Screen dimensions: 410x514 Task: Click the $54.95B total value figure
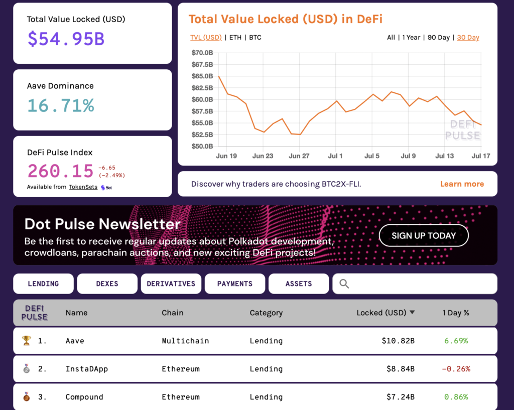coord(66,39)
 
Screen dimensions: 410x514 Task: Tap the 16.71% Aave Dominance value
coord(61,105)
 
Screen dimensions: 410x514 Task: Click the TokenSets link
coord(83,187)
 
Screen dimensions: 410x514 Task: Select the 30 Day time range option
coord(468,38)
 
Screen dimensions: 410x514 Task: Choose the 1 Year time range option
coord(411,38)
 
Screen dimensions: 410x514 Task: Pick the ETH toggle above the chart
coord(235,38)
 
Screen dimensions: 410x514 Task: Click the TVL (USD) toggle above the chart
coord(206,38)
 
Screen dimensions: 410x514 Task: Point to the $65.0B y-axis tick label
coord(202,76)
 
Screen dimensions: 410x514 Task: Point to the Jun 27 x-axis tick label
coord(299,156)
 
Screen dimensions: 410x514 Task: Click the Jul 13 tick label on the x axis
coord(444,156)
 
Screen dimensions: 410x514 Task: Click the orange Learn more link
coord(462,184)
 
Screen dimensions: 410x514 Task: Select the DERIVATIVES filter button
coord(171,284)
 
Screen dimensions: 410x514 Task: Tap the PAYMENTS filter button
coord(234,284)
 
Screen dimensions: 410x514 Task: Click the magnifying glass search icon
coord(344,284)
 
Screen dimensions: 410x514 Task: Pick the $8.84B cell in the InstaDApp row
coord(400,369)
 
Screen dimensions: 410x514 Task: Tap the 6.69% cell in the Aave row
coord(456,341)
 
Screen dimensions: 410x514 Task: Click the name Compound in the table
coord(84,397)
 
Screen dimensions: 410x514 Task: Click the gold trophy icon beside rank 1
coord(27,341)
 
